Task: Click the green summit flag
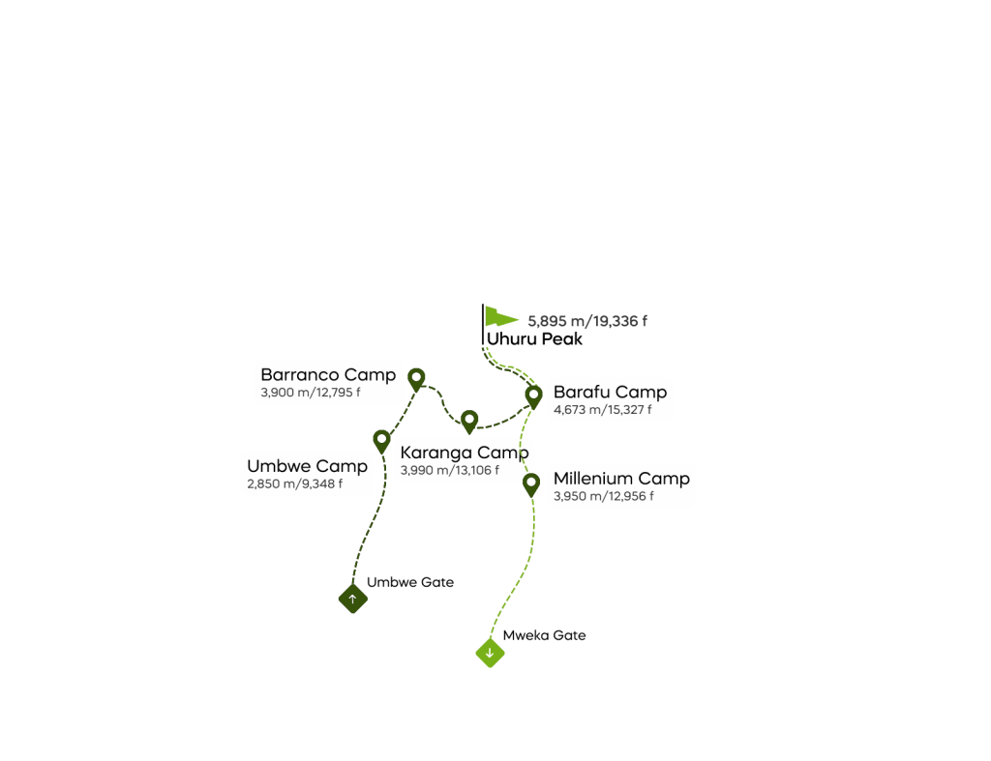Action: tap(500, 317)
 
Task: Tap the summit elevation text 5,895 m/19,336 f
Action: tap(587, 321)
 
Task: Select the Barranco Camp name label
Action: tap(328, 375)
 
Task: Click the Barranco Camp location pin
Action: tap(416, 377)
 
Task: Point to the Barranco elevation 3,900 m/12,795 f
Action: tap(310, 394)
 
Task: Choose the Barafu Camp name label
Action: tap(610, 393)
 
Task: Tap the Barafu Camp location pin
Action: tap(533, 395)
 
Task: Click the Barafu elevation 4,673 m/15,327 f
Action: tap(602, 410)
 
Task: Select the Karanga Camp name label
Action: tap(464, 453)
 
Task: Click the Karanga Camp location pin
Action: tap(469, 421)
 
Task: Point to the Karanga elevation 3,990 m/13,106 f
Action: tap(449, 471)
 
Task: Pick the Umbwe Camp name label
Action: tap(307, 466)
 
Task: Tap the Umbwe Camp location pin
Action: tap(381, 440)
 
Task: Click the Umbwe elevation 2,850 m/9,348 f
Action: tap(294, 484)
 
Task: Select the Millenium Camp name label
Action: tap(621, 479)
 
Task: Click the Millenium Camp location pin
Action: tap(530, 483)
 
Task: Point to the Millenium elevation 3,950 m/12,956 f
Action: tap(603, 497)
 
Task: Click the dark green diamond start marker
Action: tap(352, 600)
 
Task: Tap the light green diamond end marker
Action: tap(490, 654)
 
